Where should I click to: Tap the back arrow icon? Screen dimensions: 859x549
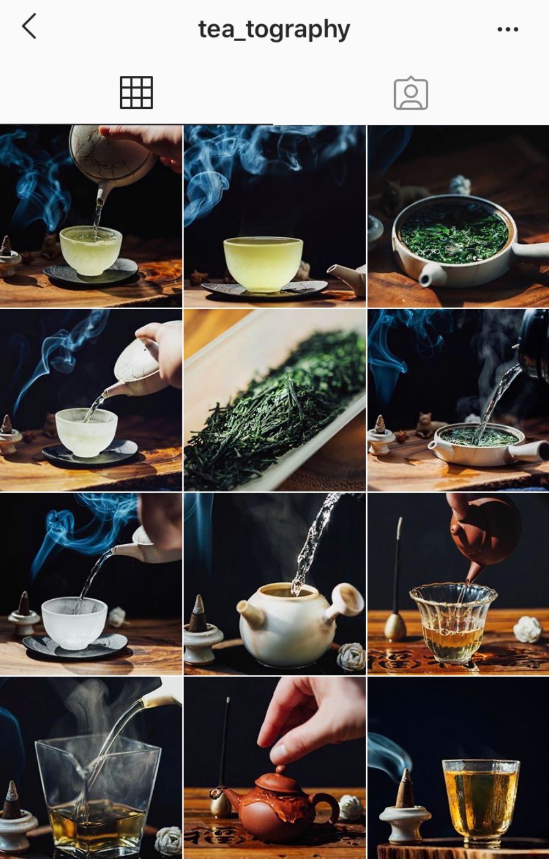tap(29, 26)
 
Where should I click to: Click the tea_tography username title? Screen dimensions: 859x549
tap(274, 29)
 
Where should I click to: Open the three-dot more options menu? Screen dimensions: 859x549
tap(507, 29)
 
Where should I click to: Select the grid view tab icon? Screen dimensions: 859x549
tap(136, 92)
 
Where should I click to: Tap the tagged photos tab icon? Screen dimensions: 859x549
tap(411, 93)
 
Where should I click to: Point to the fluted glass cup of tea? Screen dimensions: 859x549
tap(452, 623)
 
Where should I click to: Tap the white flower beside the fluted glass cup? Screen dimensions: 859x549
tap(527, 629)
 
